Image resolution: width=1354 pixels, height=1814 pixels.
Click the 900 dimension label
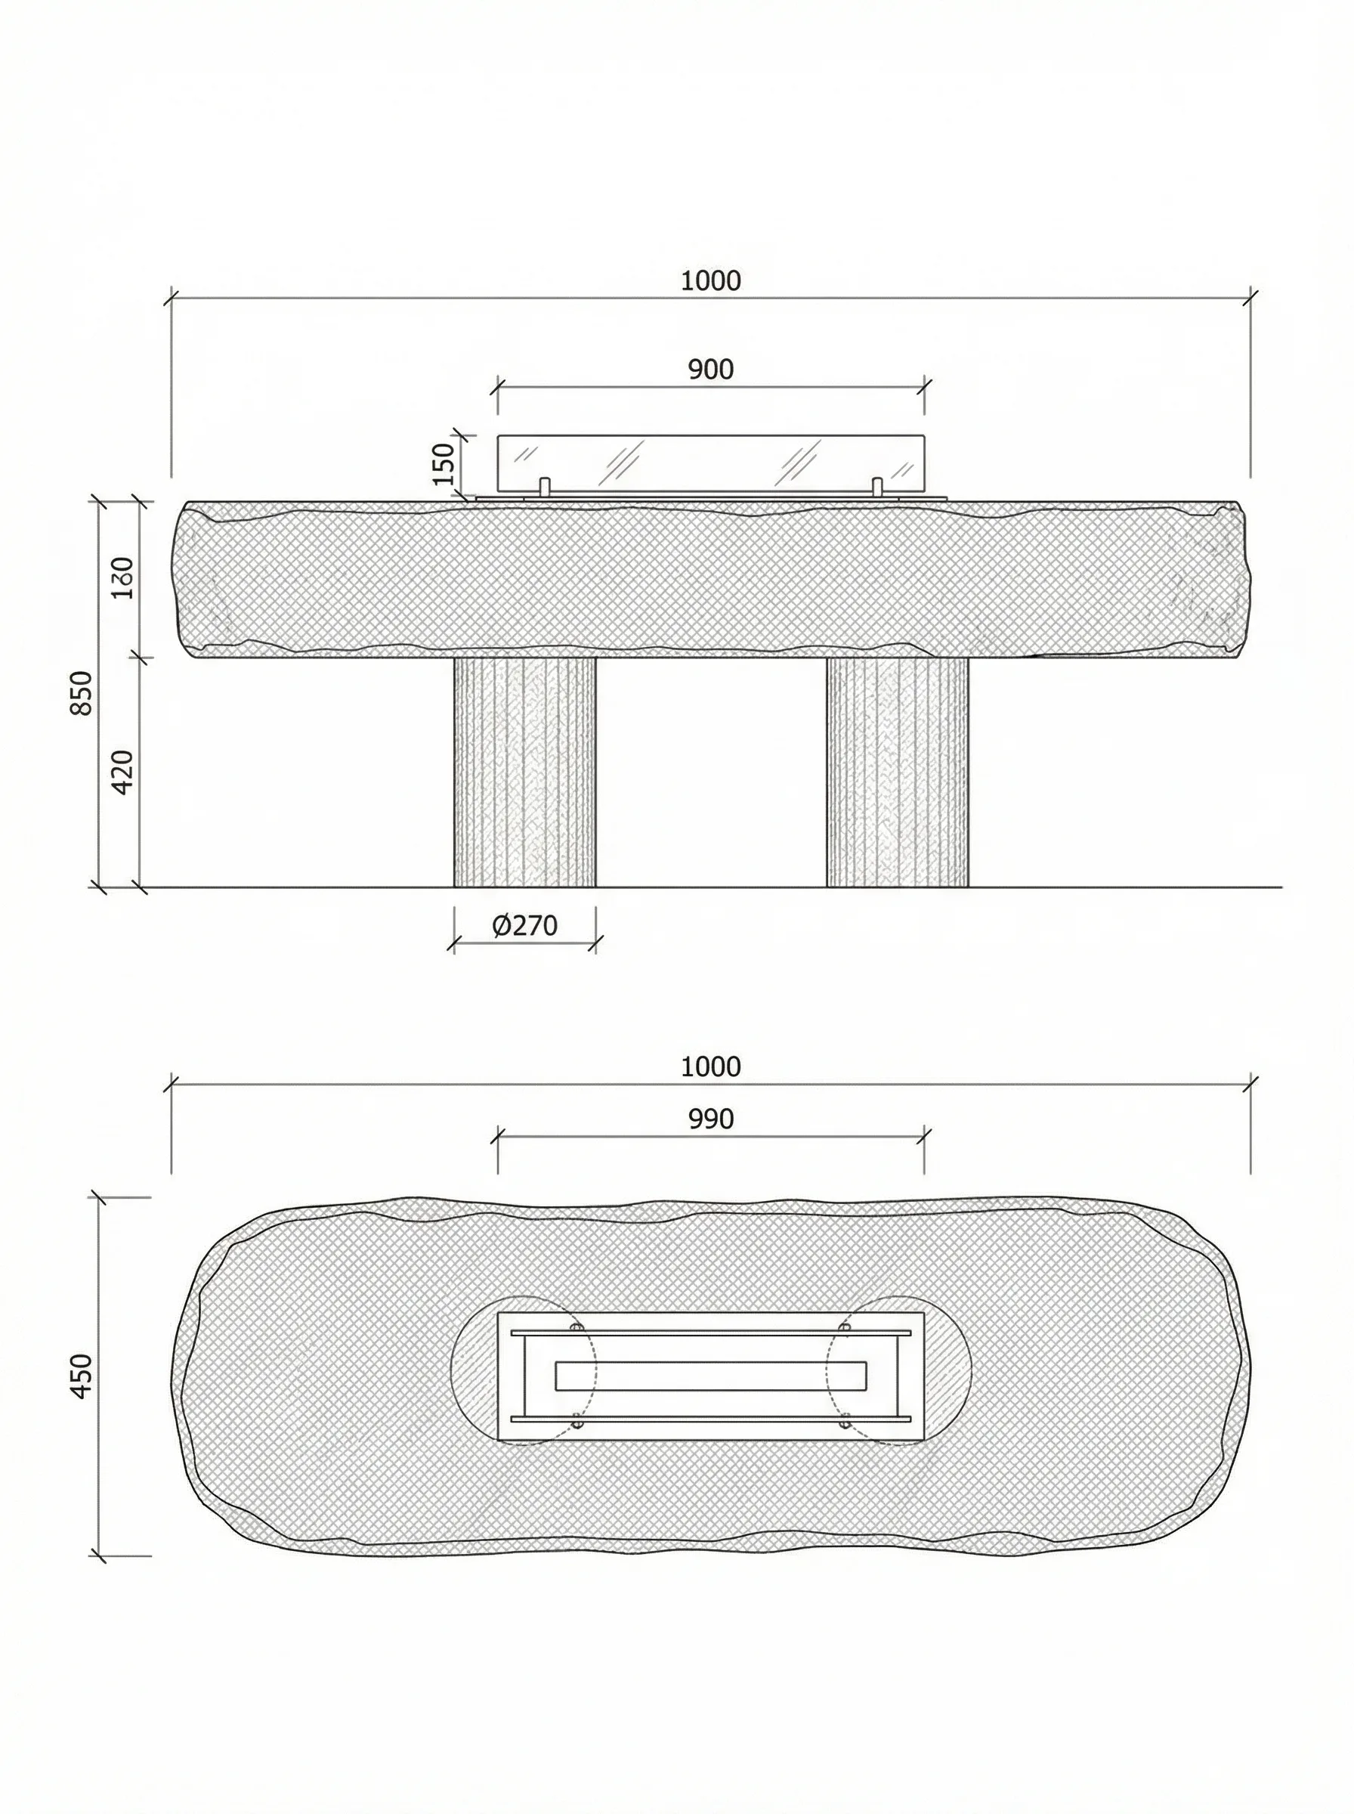click(x=710, y=370)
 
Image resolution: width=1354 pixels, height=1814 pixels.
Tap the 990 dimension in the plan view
click(x=710, y=1119)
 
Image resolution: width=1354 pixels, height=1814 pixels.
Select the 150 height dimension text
click(x=444, y=463)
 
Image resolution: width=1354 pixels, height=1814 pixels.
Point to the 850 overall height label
click(x=81, y=692)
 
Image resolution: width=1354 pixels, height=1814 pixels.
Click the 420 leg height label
click(x=122, y=772)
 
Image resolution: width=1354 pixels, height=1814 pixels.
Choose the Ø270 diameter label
click(x=524, y=925)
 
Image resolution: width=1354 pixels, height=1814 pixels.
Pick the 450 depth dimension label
click(x=82, y=1376)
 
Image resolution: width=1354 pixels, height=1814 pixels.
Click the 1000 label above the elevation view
click(x=710, y=281)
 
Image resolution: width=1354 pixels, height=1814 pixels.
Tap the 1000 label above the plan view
click(x=710, y=1067)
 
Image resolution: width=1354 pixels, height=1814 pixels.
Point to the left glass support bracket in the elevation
click(x=544, y=487)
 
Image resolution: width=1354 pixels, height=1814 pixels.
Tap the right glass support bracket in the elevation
click(x=877, y=487)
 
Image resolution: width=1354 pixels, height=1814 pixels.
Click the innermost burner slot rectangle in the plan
click(x=710, y=1376)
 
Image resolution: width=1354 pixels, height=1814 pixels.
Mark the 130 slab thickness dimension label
click(x=123, y=578)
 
